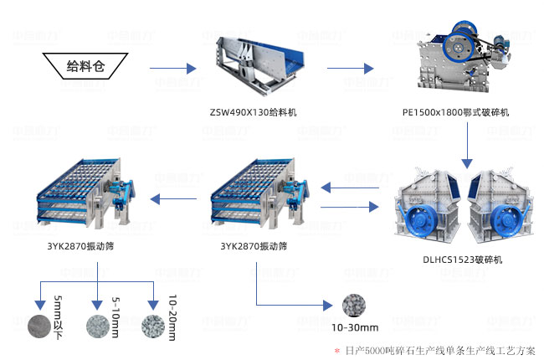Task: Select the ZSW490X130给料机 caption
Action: click(x=253, y=111)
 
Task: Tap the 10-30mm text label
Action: click(x=357, y=327)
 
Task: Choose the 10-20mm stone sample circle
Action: click(x=153, y=326)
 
